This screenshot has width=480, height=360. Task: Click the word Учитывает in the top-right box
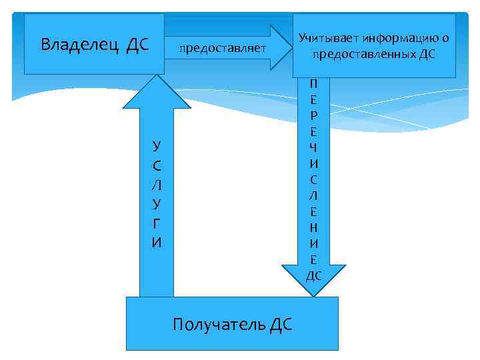[x=329, y=39]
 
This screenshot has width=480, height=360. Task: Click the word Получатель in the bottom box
[x=219, y=325]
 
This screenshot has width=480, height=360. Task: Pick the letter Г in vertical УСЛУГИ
[x=156, y=226]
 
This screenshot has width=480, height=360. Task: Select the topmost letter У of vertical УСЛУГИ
[x=156, y=146]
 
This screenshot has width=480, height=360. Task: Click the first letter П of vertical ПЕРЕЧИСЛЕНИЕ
[x=313, y=84]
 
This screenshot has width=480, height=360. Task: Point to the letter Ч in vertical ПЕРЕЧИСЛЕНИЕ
[x=313, y=147]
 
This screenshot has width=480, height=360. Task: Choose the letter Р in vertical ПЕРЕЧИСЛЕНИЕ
[x=313, y=115]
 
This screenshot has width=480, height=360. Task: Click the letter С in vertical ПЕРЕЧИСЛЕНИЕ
[x=313, y=179]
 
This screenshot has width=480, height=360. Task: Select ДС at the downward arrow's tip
[x=314, y=275]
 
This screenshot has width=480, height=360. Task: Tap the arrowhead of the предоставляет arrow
[x=281, y=47]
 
